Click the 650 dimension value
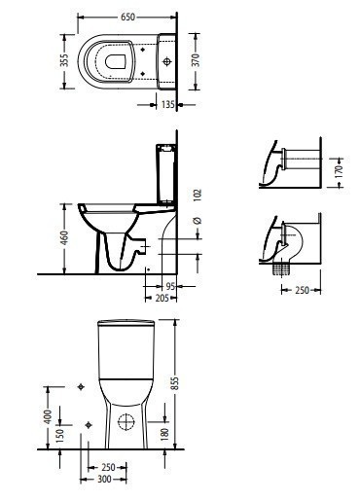click(x=127, y=17)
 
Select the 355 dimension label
click(x=65, y=60)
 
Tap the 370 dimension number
click(x=196, y=60)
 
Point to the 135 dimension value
click(x=168, y=104)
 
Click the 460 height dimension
click(x=65, y=238)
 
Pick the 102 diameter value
click(x=198, y=195)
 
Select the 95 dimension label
click(x=170, y=286)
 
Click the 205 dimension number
click(x=162, y=298)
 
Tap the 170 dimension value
click(x=339, y=171)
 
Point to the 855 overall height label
click(x=175, y=383)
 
